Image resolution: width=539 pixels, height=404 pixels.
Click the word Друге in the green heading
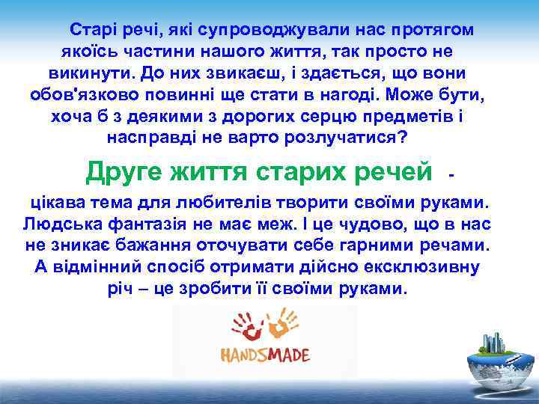[126, 171]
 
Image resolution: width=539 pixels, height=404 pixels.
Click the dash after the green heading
[451, 174]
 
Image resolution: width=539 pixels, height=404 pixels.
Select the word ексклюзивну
[423, 267]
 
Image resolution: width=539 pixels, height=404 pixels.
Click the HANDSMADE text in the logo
[264, 354]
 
